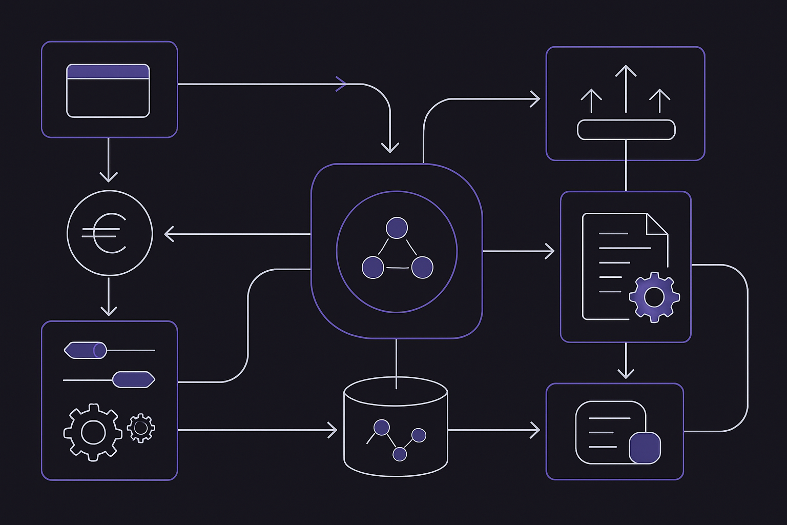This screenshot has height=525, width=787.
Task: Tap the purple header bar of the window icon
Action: pyautogui.click(x=108, y=72)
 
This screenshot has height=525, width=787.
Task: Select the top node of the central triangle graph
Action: pyautogui.click(x=397, y=228)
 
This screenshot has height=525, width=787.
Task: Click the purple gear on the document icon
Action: pyautogui.click(x=654, y=297)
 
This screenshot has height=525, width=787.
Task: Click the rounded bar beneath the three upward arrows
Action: pyautogui.click(x=626, y=130)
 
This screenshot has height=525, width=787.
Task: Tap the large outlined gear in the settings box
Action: pyautogui.click(x=93, y=432)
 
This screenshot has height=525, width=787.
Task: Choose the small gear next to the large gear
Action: pyautogui.click(x=141, y=428)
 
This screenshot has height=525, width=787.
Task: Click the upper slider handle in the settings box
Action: pyautogui.click(x=86, y=351)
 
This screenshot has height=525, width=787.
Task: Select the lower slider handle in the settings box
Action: pyautogui.click(x=133, y=379)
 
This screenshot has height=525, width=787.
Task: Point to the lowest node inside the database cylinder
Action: pyautogui.click(x=400, y=454)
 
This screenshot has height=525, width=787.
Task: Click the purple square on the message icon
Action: pyautogui.click(x=645, y=448)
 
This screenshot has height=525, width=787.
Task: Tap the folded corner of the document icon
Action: pyautogui.click(x=657, y=224)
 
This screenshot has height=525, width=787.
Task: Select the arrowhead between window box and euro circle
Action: pyautogui.click(x=109, y=177)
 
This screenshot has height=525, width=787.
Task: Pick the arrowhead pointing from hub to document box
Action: pyautogui.click(x=549, y=251)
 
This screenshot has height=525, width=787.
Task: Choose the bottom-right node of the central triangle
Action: pyautogui.click(x=422, y=268)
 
